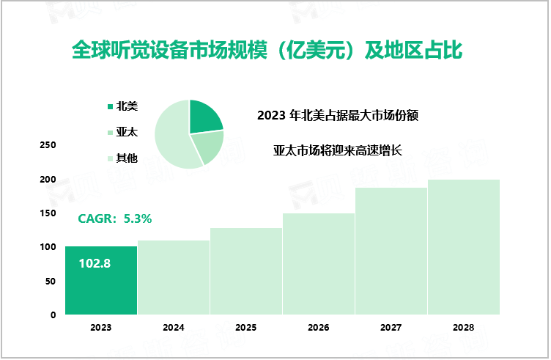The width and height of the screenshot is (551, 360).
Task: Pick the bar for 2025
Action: tap(246, 271)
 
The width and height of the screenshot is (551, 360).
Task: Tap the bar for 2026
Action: tap(319, 264)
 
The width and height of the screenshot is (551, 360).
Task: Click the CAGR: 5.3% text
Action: tap(115, 218)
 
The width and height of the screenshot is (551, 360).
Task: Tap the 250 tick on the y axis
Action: tap(48, 145)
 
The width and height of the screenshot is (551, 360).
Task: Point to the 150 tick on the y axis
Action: tap(48, 213)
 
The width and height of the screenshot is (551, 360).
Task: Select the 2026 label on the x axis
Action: tap(319, 328)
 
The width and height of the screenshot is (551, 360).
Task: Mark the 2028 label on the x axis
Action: tap(464, 328)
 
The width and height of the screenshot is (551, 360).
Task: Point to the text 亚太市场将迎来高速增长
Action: tap(338, 150)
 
